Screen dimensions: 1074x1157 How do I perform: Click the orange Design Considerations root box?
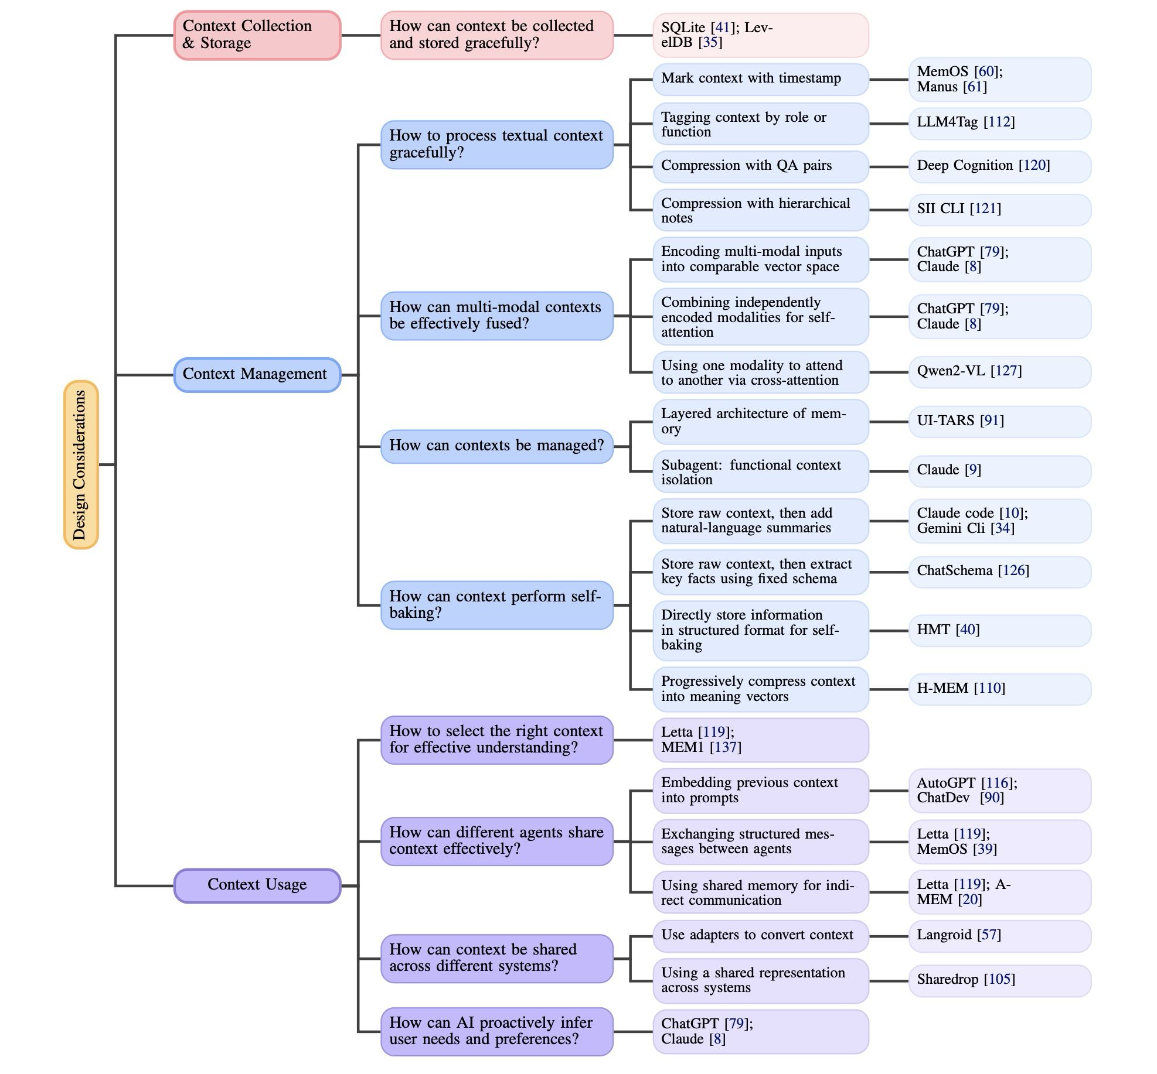point(81,464)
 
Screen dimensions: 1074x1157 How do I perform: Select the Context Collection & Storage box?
point(257,35)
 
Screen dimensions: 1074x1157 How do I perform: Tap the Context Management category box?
point(257,375)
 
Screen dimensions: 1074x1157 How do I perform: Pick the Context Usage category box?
point(257,885)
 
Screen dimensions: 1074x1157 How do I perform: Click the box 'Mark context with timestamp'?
point(760,79)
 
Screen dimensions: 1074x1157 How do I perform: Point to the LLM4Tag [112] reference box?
point(999,123)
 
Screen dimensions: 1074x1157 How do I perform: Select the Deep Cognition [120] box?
point(999,166)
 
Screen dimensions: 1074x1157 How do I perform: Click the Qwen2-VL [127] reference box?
point(999,372)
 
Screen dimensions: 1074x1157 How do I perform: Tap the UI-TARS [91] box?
point(999,422)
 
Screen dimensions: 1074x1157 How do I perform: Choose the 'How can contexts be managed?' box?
point(496,446)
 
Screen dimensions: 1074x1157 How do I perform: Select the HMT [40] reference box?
point(999,630)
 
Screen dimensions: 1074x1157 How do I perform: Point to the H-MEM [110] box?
point(999,689)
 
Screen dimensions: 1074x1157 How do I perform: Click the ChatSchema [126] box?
point(999,572)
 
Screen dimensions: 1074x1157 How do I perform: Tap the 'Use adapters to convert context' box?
point(760,935)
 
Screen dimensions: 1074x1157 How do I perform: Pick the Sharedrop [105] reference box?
point(999,980)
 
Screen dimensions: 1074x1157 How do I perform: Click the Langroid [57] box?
point(999,935)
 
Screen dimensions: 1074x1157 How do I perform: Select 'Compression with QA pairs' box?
point(760,166)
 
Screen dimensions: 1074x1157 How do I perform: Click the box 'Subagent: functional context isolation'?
point(760,472)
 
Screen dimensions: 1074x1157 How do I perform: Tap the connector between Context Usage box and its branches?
point(350,885)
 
